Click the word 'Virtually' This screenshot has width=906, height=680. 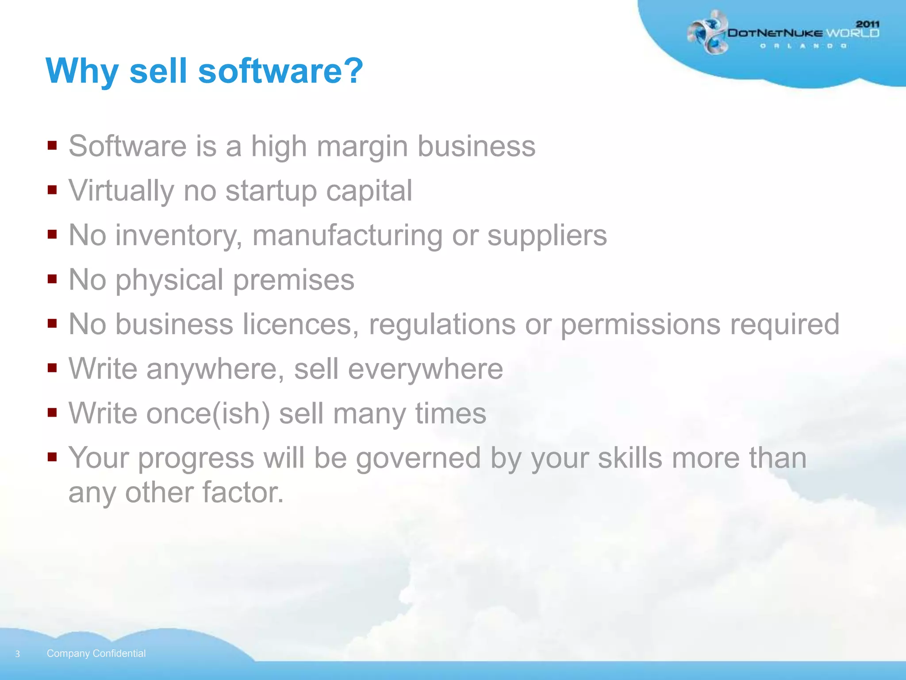point(121,191)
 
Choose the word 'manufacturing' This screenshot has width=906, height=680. point(347,236)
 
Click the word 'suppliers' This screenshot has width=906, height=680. point(547,236)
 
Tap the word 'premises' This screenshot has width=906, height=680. point(293,280)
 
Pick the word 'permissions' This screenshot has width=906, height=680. point(640,325)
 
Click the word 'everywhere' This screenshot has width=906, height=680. point(425,369)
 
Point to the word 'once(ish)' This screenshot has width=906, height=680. point(208,413)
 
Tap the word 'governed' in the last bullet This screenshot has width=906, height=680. point(418,458)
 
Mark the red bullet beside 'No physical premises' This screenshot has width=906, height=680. point(52,279)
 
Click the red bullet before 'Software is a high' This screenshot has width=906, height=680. point(52,145)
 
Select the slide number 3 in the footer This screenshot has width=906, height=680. point(18,654)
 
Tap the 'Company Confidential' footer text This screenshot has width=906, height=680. point(96,653)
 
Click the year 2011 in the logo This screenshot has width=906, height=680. point(868,24)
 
